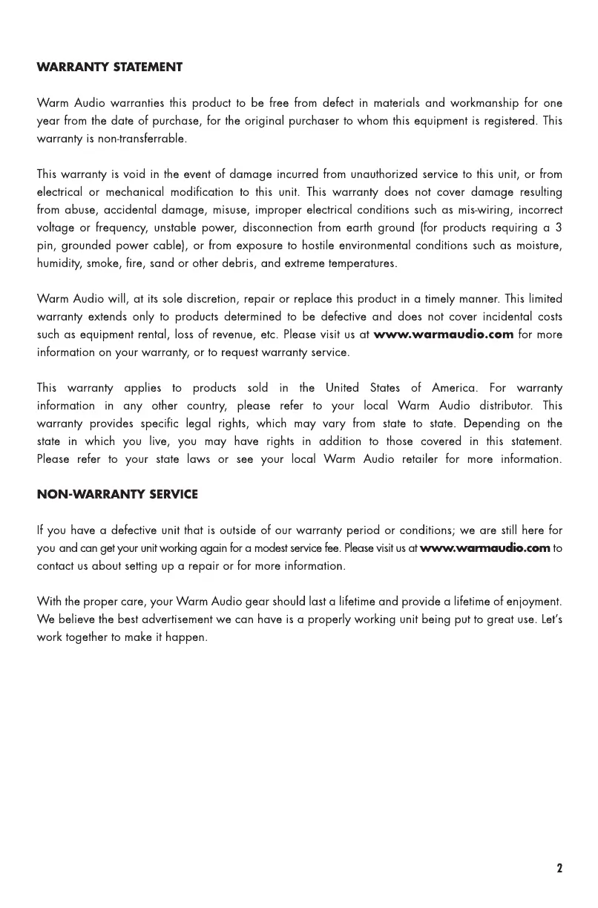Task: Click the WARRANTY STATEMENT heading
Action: tap(110, 68)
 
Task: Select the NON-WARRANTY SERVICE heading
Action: tap(117, 494)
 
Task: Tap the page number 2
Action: tap(559, 868)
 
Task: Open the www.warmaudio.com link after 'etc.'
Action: tap(444, 335)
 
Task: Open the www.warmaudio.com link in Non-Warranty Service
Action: tap(485, 548)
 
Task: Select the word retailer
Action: tap(431, 459)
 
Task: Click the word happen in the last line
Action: tap(187, 637)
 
